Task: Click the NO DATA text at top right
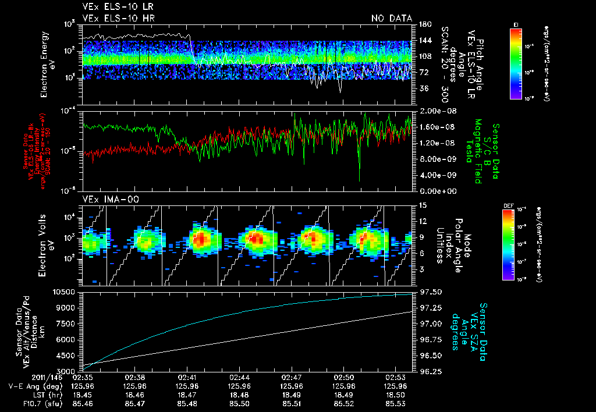pyautogui.click(x=391, y=19)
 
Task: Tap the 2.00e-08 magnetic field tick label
pyautogui.click(x=432, y=111)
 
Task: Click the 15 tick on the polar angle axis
pyautogui.click(x=423, y=205)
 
